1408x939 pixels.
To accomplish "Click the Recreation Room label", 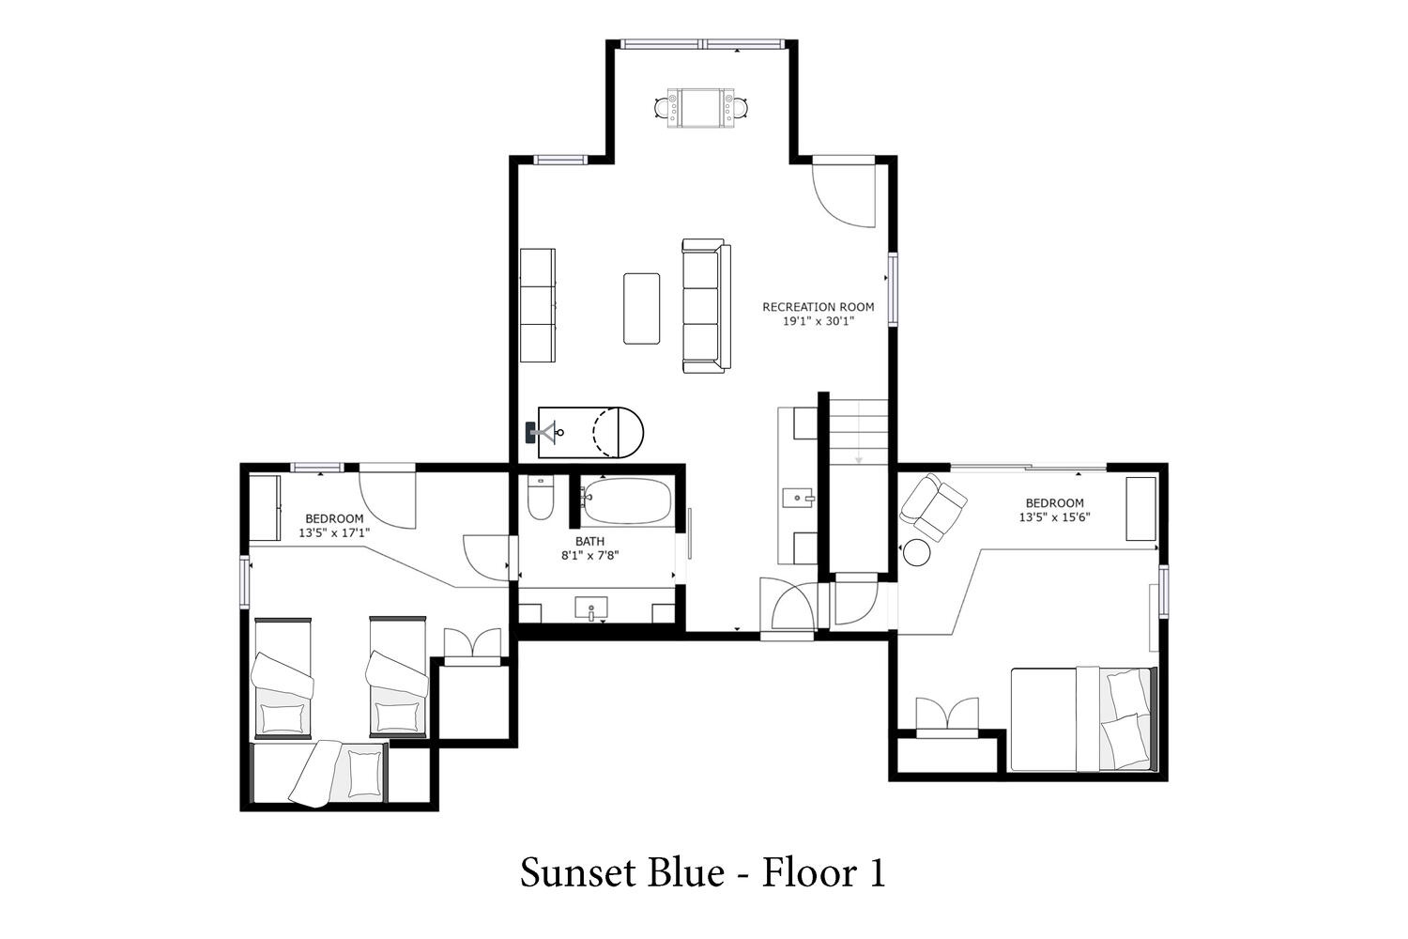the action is pos(818,307).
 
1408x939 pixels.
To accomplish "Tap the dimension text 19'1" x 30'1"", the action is pos(819,321).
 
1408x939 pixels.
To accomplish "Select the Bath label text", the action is pos(589,541).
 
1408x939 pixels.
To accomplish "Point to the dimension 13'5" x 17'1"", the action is pos(334,532).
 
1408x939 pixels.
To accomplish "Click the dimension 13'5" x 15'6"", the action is pos(1054,517).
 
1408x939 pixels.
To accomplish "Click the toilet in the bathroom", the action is pos(540,498).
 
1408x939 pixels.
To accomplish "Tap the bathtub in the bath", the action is pos(626,501).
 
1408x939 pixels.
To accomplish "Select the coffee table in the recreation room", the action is pos(641,308).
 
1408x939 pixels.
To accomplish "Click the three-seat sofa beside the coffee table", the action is pos(706,306).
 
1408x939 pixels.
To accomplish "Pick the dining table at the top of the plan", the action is pos(700,108).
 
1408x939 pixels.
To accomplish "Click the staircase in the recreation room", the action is pos(858,434).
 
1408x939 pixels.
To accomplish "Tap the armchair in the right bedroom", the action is pos(933,507).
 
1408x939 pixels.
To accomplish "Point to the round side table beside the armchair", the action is pos(916,552).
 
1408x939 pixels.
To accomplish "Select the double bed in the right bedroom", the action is pos(1083,719).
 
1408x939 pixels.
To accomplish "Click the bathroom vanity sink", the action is pos(590,608).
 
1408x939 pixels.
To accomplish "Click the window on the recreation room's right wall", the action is pos(893,288).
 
